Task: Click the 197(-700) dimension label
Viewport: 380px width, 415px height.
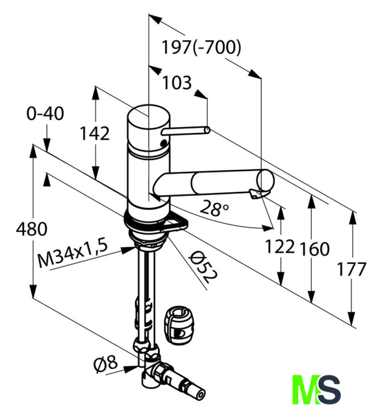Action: pos(201,47)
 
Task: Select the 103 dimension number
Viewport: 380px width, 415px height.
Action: pos(177,82)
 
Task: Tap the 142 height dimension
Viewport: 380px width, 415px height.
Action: pos(95,134)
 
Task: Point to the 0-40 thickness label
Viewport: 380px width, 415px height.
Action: pos(45,113)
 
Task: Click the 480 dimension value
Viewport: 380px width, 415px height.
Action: pos(32,229)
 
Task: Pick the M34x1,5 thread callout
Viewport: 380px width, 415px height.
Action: pos(73,252)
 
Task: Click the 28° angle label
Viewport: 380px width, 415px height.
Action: pos(214,208)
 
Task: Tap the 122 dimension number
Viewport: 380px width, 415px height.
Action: pos(280,246)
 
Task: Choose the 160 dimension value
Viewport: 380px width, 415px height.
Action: pos(314,249)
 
